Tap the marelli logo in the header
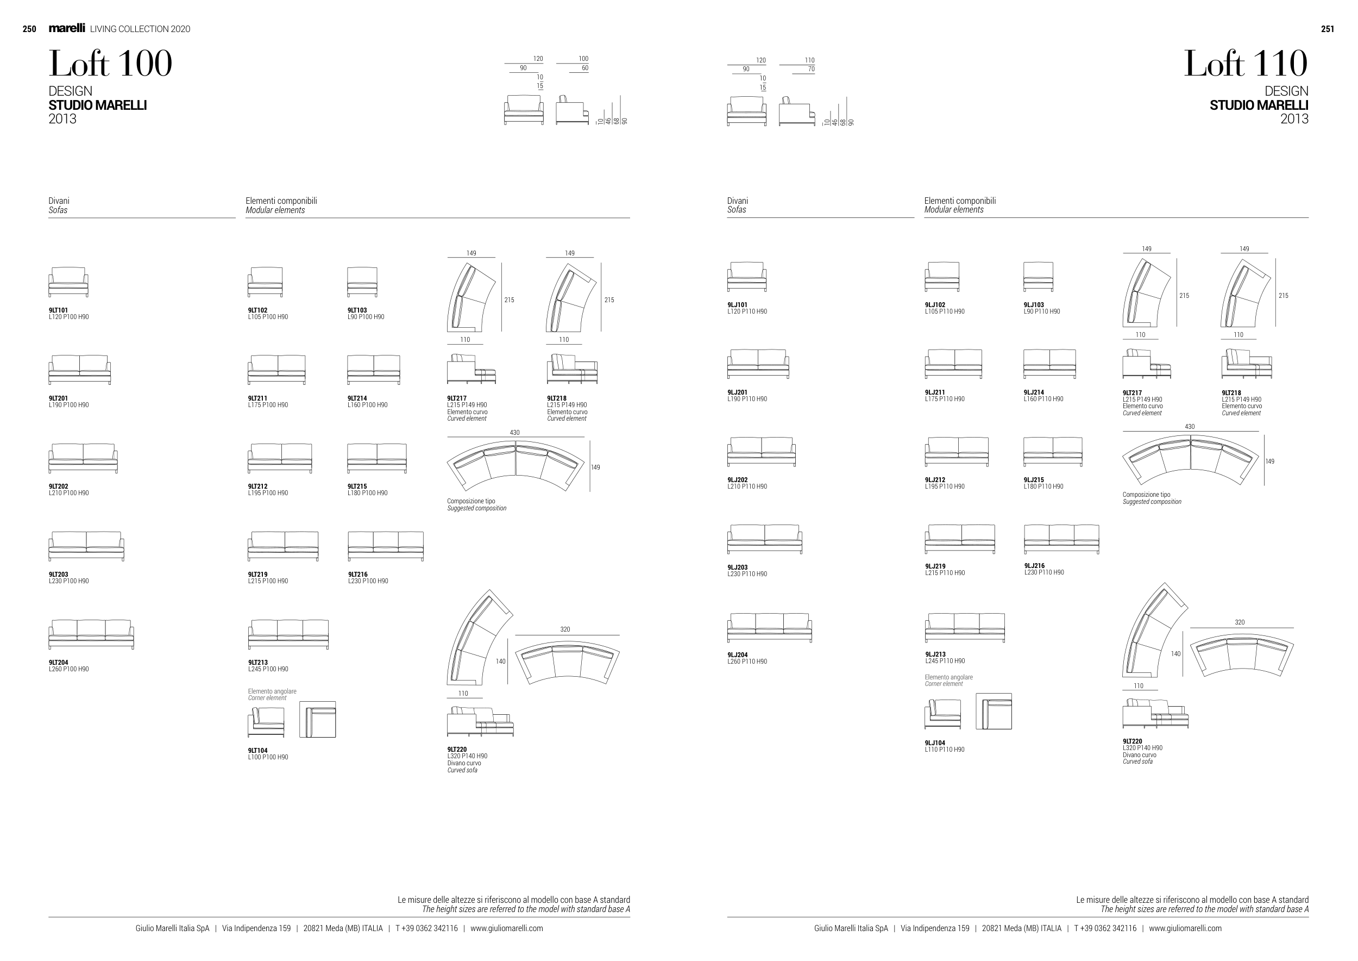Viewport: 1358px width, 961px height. coord(67,28)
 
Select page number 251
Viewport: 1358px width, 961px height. coord(1327,29)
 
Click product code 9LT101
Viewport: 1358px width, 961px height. coord(59,310)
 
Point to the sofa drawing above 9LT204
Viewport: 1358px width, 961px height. coord(91,634)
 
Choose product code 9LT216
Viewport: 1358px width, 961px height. coord(358,575)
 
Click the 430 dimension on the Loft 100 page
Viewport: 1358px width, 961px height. coord(514,433)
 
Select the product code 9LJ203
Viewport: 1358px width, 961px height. coord(738,567)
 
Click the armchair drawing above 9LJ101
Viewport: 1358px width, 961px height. coord(747,277)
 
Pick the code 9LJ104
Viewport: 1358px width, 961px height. coord(935,743)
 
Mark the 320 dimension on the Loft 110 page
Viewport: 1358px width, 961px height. coord(1240,622)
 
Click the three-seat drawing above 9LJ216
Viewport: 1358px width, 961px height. coord(1061,539)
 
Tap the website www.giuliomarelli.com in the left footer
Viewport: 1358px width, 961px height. coord(507,928)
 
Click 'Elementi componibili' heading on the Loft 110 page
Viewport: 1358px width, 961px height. coord(960,201)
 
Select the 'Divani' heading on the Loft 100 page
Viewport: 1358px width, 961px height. coord(59,201)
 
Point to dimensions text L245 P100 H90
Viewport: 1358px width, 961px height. coord(268,669)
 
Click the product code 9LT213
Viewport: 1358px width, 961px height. coord(258,663)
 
